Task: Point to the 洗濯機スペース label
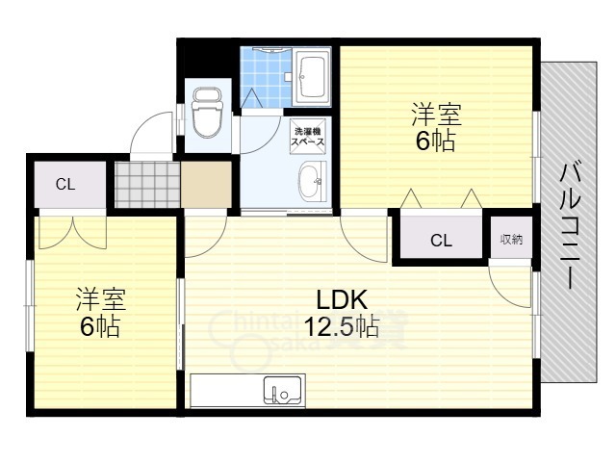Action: point(309,135)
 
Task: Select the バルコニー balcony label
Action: point(568,227)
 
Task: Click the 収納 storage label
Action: point(510,239)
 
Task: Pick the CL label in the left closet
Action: point(65,184)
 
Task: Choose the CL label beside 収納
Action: point(441,241)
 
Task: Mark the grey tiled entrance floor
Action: point(147,183)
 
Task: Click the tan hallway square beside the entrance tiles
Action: point(205,184)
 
